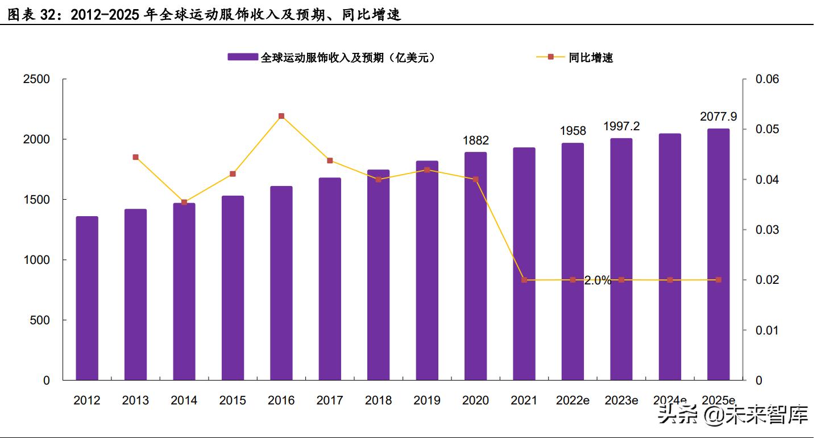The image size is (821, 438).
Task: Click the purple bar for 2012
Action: (x=87, y=298)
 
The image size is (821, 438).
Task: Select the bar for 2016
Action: (x=281, y=283)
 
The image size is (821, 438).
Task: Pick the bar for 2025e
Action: (x=718, y=254)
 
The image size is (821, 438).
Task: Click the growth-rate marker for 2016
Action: (x=281, y=116)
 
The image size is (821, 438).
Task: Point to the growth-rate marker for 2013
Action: (x=135, y=157)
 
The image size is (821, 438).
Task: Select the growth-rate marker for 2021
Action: (x=524, y=280)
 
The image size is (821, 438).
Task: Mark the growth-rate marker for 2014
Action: (x=184, y=202)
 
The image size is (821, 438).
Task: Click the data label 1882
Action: (x=475, y=141)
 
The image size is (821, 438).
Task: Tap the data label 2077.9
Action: (x=718, y=117)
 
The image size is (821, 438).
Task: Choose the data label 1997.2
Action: (x=621, y=126)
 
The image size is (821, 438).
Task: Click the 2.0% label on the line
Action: (x=598, y=280)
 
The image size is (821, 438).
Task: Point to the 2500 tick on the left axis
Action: (x=36, y=79)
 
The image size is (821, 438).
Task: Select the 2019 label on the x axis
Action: (x=426, y=400)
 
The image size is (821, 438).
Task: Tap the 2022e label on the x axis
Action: (x=572, y=400)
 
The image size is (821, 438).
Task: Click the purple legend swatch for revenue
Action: (x=243, y=57)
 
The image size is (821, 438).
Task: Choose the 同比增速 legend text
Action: (x=591, y=57)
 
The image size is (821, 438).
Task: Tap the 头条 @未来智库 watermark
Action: (x=733, y=415)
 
